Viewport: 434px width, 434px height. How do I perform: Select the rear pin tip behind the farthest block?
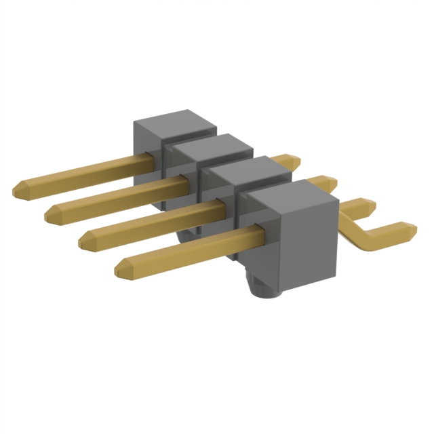click(293, 161)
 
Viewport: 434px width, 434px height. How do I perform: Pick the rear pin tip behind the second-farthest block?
click(330, 181)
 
